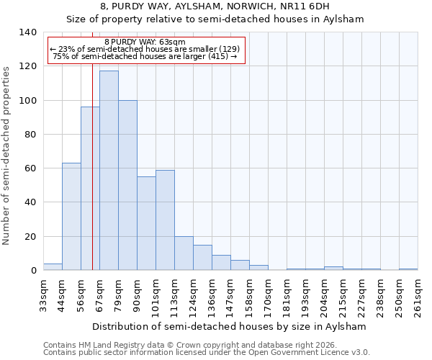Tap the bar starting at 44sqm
click(x=71, y=217)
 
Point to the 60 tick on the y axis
click(x=30, y=168)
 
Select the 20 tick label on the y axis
click(x=30, y=236)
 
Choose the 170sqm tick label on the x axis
click(x=268, y=295)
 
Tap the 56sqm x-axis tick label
click(x=81, y=295)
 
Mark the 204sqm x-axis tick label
click(x=324, y=295)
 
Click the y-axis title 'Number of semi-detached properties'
click(x=7, y=155)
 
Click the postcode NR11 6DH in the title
click(x=305, y=6)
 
